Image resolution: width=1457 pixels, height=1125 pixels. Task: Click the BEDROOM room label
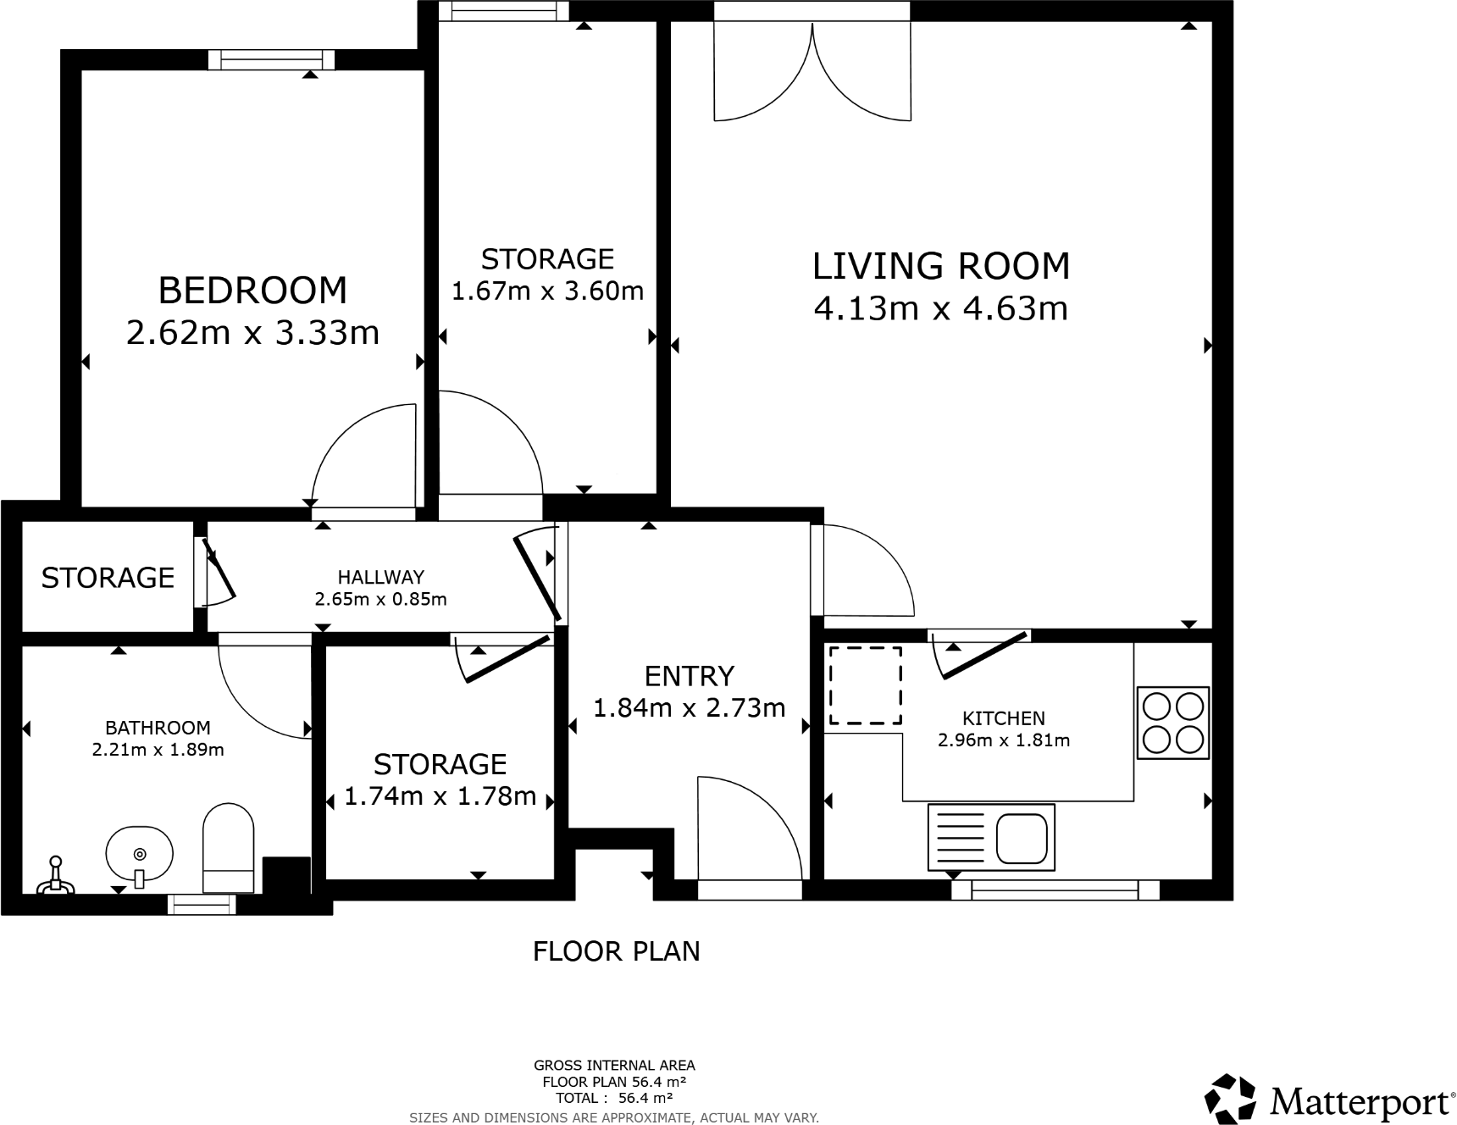tap(252, 291)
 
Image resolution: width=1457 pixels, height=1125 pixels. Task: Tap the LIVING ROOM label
tap(940, 266)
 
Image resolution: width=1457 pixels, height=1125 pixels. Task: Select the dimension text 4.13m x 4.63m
tap(940, 308)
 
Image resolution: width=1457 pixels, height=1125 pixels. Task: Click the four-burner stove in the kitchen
tap(1172, 723)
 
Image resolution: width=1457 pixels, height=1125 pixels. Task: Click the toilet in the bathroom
tap(229, 848)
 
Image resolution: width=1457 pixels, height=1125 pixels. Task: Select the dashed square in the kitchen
tap(865, 685)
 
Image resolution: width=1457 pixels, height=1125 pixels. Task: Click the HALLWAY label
tap(380, 578)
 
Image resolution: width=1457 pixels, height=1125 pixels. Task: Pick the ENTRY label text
tap(689, 676)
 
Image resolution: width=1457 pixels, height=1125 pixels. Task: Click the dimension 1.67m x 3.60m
tap(547, 292)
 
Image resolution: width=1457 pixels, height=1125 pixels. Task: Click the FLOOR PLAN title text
tap(616, 951)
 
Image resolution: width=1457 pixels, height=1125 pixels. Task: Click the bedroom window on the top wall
tap(271, 59)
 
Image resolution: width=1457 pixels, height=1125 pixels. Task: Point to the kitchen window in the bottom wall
tap(1055, 889)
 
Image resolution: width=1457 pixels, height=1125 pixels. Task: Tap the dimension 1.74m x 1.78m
tap(440, 797)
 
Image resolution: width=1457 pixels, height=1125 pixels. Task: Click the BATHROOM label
tap(158, 728)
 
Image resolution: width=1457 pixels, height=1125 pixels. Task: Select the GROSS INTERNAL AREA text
tap(614, 1066)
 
